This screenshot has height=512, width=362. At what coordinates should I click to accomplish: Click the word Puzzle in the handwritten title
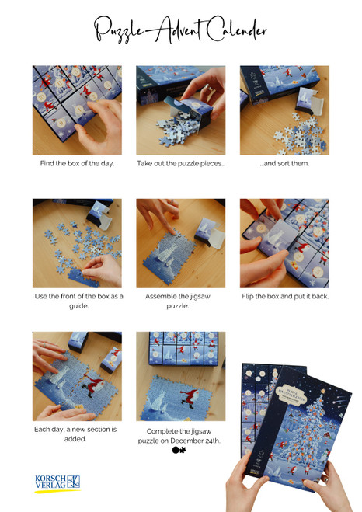[x=118, y=30]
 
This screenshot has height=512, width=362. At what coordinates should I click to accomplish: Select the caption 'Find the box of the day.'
[x=77, y=163]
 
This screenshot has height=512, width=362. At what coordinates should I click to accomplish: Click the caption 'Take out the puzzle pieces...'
[x=181, y=163]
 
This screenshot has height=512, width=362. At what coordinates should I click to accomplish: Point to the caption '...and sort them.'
[x=284, y=163]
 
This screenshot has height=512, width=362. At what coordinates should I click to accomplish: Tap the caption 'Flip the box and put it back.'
[x=285, y=296]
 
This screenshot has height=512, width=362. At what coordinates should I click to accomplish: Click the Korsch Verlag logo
[x=57, y=483]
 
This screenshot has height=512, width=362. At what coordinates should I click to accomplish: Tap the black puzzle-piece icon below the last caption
[x=179, y=450]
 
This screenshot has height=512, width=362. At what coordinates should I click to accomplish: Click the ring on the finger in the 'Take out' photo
[x=206, y=88]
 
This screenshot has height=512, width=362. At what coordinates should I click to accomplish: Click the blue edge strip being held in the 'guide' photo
[x=82, y=277]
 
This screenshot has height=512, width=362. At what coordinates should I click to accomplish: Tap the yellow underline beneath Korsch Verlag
[x=57, y=491]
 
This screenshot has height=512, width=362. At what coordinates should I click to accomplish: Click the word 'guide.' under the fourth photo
[x=78, y=306]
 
